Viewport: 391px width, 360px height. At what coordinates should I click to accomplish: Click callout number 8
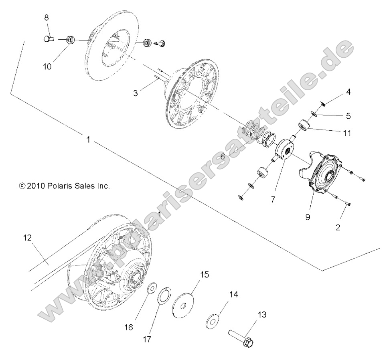coord(47,18)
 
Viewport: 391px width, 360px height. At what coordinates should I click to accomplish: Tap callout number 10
coord(47,67)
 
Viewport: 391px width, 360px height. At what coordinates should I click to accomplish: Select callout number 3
coord(136,93)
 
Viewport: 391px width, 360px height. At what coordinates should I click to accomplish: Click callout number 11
coord(347,133)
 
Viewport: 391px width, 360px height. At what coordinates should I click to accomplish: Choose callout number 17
coord(147,339)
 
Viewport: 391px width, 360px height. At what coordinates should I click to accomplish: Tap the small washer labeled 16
coord(152,288)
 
